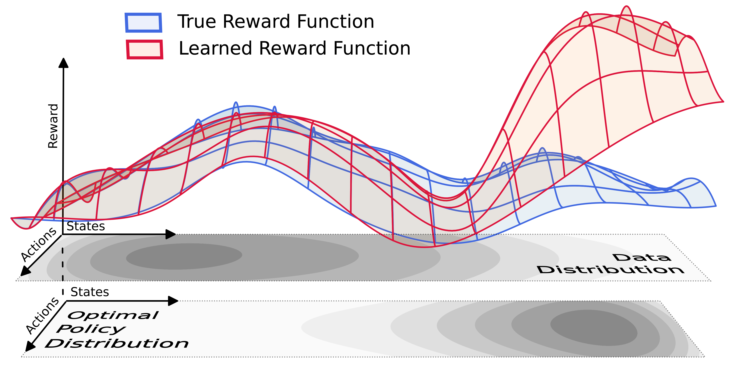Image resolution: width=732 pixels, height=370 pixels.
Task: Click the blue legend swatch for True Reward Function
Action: click(144, 22)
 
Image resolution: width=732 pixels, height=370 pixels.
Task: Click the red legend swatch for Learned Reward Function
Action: click(145, 49)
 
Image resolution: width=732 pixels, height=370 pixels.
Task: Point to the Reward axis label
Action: click(53, 126)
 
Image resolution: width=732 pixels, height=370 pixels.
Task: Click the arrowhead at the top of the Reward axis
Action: click(63, 63)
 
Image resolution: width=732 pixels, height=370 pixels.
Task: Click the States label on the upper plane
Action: click(86, 226)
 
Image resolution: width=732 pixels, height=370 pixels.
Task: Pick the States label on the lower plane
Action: click(90, 292)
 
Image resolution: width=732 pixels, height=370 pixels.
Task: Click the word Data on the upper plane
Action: click(642, 258)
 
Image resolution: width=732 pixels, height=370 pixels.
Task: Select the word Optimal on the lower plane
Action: click(113, 315)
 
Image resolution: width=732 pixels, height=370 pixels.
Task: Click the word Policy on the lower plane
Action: click(91, 329)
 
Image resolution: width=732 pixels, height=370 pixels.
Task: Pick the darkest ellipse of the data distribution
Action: click(184, 256)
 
